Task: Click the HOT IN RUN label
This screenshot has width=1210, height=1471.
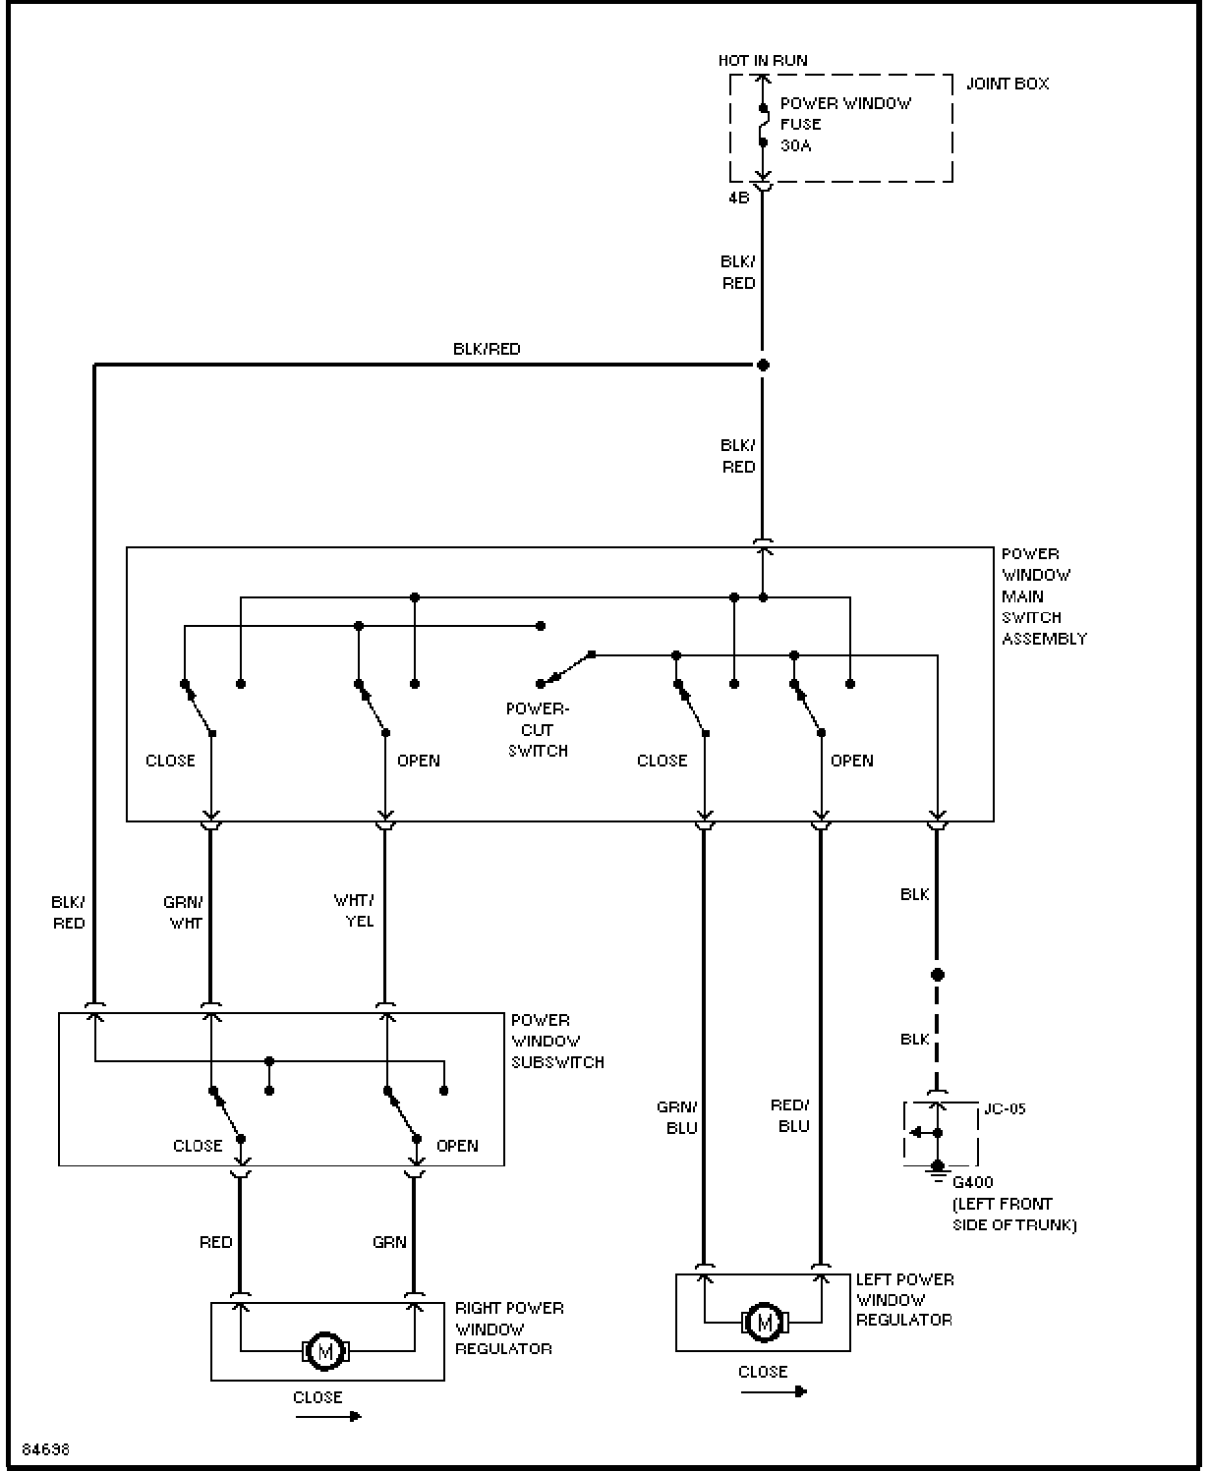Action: tap(763, 61)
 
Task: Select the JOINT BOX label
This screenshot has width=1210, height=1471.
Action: tap(1007, 84)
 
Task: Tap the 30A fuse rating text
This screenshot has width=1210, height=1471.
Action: tap(795, 145)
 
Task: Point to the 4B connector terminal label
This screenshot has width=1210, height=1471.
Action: tap(738, 198)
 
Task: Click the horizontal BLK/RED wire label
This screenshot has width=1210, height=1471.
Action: tap(487, 349)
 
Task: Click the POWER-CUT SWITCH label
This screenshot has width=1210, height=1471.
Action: tap(538, 729)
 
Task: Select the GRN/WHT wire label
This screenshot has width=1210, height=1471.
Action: tap(184, 912)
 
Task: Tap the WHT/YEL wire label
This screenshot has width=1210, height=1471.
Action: tap(354, 910)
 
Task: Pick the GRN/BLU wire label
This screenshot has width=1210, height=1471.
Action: tap(677, 1117)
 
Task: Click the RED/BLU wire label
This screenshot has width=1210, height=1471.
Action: tap(790, 1115)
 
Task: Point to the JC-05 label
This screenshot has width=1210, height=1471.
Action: tap(1005, 1109)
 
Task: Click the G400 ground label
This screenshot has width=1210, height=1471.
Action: tap(973, 1182)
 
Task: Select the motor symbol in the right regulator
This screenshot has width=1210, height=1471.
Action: tap(325, 1351)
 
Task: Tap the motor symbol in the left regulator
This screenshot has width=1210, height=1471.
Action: tap(765, 1321)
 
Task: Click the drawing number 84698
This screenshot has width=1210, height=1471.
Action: tap(46, 1449)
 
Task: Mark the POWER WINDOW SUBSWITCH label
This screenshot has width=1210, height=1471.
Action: tap(557, 1042)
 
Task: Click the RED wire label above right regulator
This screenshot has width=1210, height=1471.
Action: tap(215, 1242)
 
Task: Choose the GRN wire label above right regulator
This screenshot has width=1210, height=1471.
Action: tap(389, 1242)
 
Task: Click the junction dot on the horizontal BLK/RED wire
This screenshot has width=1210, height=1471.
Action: tap(763, 365)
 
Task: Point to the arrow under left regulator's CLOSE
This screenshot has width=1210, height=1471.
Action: tap(774, 1391)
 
